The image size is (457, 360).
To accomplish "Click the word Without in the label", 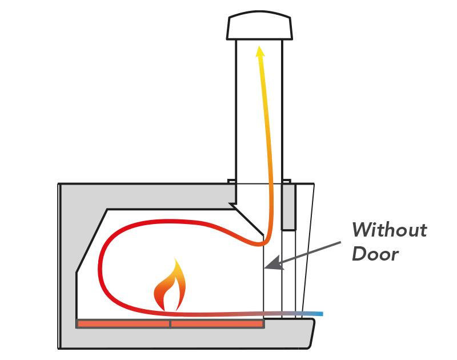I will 389,230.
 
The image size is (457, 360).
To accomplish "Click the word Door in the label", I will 375,253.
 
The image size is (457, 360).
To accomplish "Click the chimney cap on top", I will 260,27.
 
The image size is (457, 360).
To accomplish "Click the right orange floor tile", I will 217,324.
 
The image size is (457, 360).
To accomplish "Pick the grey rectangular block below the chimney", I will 288,206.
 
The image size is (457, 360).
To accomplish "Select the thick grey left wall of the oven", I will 68,269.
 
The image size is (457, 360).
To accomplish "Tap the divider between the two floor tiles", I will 170,324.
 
